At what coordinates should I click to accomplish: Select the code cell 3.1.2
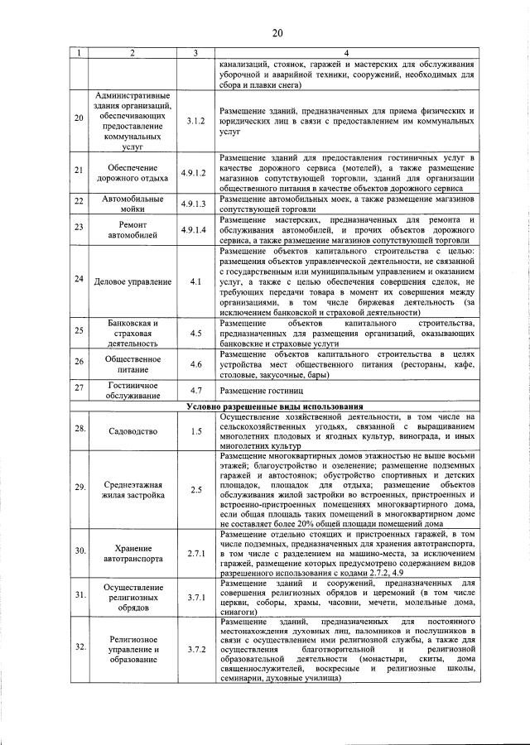coord(195,121)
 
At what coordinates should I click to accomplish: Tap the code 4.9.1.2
coord(195,173)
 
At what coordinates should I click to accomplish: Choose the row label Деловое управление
coord(133,281)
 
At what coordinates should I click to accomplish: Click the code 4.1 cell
coord(195,281)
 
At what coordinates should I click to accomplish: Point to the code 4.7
coord(195,389)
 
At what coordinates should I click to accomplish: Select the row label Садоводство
coord(133,431)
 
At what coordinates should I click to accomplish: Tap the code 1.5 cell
coord(195,431)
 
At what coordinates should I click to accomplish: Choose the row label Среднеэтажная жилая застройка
coord(133,489)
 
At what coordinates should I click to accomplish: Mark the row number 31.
coord(79,594)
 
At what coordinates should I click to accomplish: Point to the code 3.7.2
coord(195,649)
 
